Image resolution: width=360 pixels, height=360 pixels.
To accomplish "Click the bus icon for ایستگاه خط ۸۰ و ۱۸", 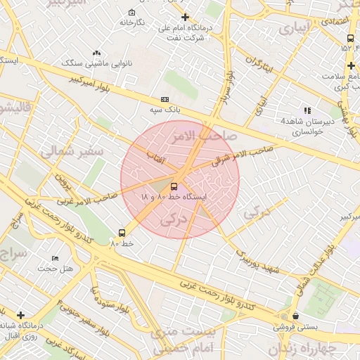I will pos(174,186).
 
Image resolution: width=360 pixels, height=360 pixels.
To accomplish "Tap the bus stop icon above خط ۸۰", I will pos(123,232).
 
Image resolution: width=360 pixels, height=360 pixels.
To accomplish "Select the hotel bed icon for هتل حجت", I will pos(55,258).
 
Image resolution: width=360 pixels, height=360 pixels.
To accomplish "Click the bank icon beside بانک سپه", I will pos(165,100).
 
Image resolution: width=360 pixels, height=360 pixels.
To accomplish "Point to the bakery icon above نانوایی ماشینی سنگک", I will pos(96,53).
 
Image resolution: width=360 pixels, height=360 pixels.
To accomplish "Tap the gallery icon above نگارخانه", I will pos(132,13).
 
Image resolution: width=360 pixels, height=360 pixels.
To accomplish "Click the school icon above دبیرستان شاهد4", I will pos(307,110).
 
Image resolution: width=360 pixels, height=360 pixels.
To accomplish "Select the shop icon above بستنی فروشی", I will pos(295,316).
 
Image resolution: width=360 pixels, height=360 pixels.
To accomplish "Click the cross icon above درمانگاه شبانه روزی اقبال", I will pos(20,315).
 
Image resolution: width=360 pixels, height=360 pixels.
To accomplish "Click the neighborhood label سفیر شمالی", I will pos(72,151).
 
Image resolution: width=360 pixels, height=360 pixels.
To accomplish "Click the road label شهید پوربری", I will pos(258,261).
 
